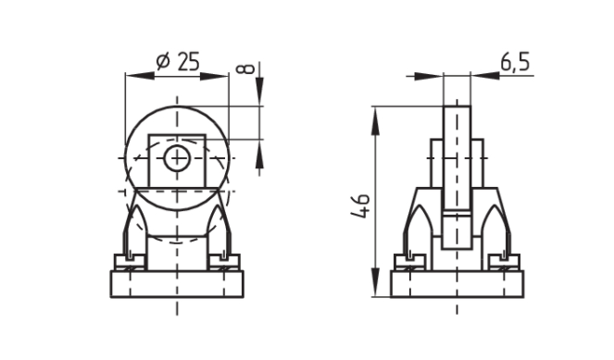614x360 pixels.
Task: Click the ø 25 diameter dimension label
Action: click(x=178, y=62)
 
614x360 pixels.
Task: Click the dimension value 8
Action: click(x=245, y=68)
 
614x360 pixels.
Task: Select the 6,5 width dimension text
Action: click(x=515, y=62)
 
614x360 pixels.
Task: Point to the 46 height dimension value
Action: click(x=360, y=205)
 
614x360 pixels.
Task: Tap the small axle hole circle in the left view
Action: click(x=177, y=158)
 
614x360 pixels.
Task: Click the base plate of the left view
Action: click(x=177, y=284)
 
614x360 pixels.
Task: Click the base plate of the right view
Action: click(x=457, y=284)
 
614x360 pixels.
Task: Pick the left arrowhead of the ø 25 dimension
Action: click(x=140, y=76)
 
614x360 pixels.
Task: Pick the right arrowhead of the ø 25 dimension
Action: click(x=214, y=76)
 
